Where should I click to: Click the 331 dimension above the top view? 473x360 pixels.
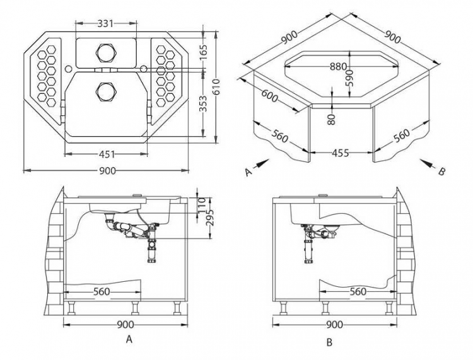(106, 23)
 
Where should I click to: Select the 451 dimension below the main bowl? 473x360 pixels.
(107, 154)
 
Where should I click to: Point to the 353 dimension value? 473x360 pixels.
(203, 105)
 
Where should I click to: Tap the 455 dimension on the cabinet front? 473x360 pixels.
(341, 153)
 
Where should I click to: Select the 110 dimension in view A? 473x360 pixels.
(202, 204)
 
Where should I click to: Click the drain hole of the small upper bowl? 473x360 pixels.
(104, 50)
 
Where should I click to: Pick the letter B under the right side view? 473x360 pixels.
(329, 344)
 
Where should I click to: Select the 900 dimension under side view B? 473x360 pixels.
(336, 324)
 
